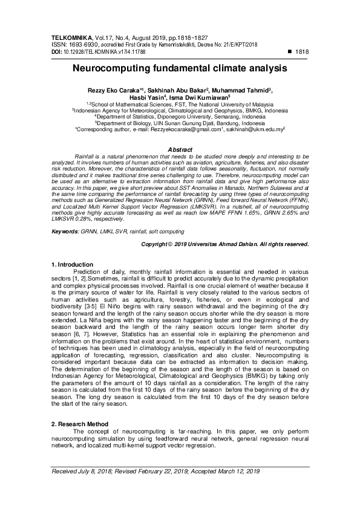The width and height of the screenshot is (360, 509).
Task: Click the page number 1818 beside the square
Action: click(301, 53)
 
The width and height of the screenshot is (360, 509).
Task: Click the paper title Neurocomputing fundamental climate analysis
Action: click(180, 70)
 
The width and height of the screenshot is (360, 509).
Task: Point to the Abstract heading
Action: click(180, 149)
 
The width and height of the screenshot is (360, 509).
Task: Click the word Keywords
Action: click(66, 215)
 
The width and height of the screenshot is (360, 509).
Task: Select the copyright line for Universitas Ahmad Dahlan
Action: click(225, 227)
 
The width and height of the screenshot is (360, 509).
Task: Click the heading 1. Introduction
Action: click(71, 264)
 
